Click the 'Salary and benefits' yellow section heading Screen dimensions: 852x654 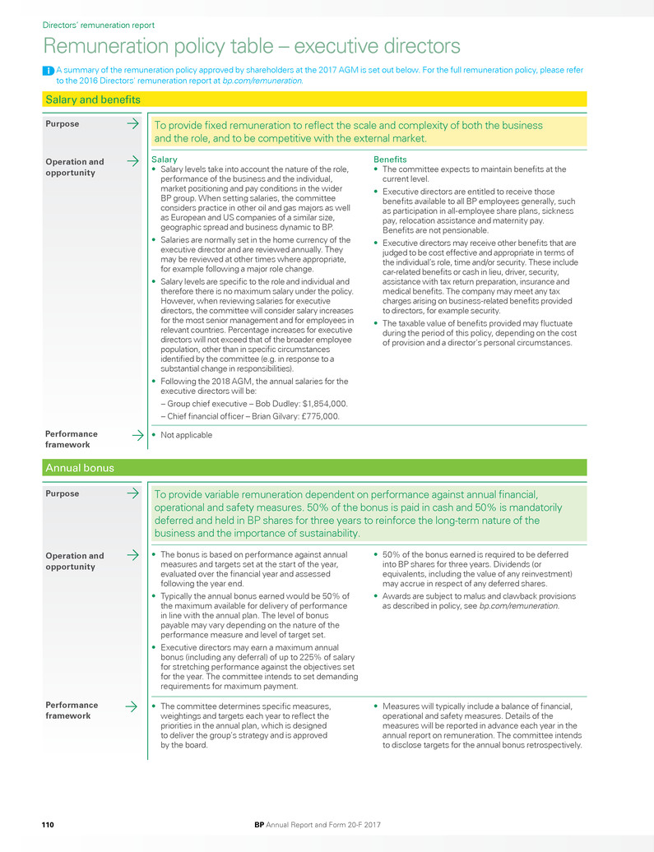pyautogui.click(x=93, y=100)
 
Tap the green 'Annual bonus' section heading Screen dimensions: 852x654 pyautogui.click(x=80, y=468)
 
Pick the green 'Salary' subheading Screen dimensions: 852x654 pyautogui.click(x=165, y=159)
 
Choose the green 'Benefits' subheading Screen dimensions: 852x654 pyautogui.click(x=390, y=159)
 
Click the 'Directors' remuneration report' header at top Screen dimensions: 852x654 pyautogui.click(x=98, y=25)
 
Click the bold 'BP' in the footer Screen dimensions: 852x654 pyautogui.click(x=259, y=823)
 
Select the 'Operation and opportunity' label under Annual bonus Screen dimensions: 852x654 pyautogui.click(x=74, y=561)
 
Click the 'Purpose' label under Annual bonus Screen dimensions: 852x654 pyautogui.click(x=63, y=494)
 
